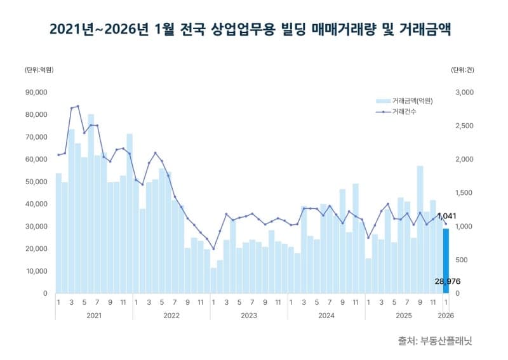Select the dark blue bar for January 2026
[446, 260]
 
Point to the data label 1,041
[447, 217]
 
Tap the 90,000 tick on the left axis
[36, 92]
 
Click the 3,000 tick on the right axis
[465, 92]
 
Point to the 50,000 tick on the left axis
[36, 182]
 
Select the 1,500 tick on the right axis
[465, 193]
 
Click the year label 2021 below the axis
[93, 315]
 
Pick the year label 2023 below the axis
[248, 315]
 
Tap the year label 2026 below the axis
[446, 315]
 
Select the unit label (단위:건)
[462, 70]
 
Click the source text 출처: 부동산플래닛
[435, 341]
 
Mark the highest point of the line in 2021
[77, 106]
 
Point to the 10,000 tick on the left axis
[36, 271]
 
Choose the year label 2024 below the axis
[326, 315]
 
